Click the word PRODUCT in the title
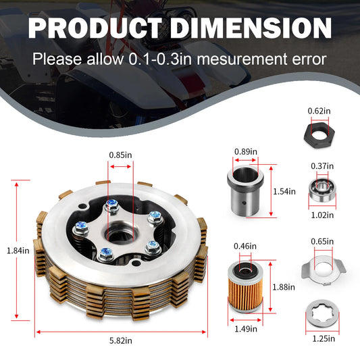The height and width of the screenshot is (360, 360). point(95,28)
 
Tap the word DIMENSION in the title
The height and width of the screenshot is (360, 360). point(251,28)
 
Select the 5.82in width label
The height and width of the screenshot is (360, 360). point(121,340)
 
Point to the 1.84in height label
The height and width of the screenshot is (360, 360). point(18,251)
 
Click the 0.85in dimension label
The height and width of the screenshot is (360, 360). point(120,155)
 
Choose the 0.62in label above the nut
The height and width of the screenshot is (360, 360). point(319,111)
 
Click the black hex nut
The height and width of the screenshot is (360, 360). point(319,135)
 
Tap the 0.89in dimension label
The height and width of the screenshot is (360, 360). point(246,152)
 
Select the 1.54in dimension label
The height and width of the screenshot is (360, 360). point(284,191)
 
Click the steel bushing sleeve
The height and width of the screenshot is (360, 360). point(245,191)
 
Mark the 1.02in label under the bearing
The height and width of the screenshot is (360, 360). point(322,215)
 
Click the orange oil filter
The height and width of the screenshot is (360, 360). point(245,286)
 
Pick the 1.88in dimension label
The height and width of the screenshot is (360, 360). point(284,287)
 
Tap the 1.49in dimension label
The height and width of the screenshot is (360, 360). point(246,329)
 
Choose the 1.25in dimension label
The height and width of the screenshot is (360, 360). point(324,338)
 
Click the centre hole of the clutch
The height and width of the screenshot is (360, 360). point(121,236)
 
